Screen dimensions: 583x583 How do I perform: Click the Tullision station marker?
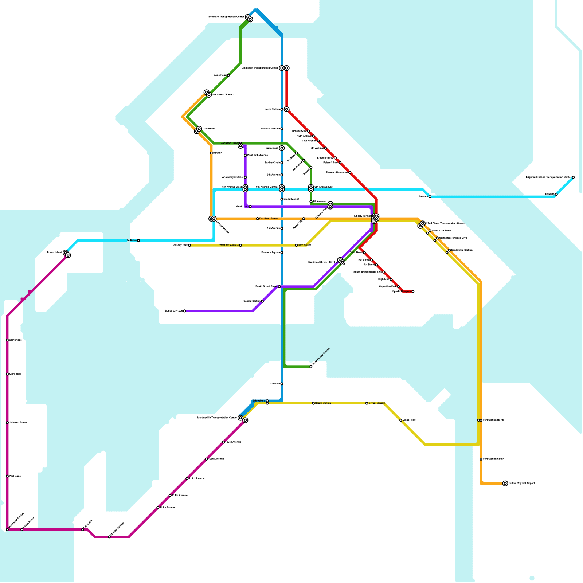pyautogui.click(x=138, y=240)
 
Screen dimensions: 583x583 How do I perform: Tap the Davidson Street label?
pyautogui.click(x=269, y=219)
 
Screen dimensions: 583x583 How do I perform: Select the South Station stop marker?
pyautogui.click(x=313, y=403)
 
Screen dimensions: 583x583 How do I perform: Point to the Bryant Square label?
pyautogui.click(x=377, y=403)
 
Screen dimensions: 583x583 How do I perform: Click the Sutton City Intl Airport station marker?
pyautogui.click(x=505, y=484)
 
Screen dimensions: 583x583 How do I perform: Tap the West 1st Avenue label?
pyautogui.click(x=229, y=246)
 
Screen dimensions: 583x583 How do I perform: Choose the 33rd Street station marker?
pyautogui.click(x=296, y=246)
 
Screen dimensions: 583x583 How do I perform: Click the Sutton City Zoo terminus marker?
pyautogui.click(x=185, y=311)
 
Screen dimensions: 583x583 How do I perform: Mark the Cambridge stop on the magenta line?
pyautogui.click(x=7, y=340)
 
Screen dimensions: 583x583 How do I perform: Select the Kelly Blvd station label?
pyautogui.click(x=15, y=374)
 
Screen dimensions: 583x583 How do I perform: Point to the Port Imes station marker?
pyautogui.click(x=7, y=476)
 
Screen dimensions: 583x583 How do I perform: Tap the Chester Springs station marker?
pyautogui.click(x=109, y=537)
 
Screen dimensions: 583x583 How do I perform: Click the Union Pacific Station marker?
pyautogui.click(x=311, y=367)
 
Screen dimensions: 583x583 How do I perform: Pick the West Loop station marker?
pyautogui.click(x=250, y=207)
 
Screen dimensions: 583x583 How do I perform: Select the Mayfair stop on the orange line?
pyautogui.click(x=211, y=153)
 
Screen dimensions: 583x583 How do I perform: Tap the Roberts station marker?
pyautogui.click(x=556, y=195)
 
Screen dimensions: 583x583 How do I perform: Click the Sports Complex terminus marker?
pyautogui.click(x=413, y=291)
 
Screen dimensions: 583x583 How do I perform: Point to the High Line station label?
pyautogui.click(x=384, y=279)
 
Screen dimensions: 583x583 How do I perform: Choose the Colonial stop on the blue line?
pyautogui.click(x=282, y=384)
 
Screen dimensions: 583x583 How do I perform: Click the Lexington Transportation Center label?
pyautogui.click(x=260, y=68)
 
